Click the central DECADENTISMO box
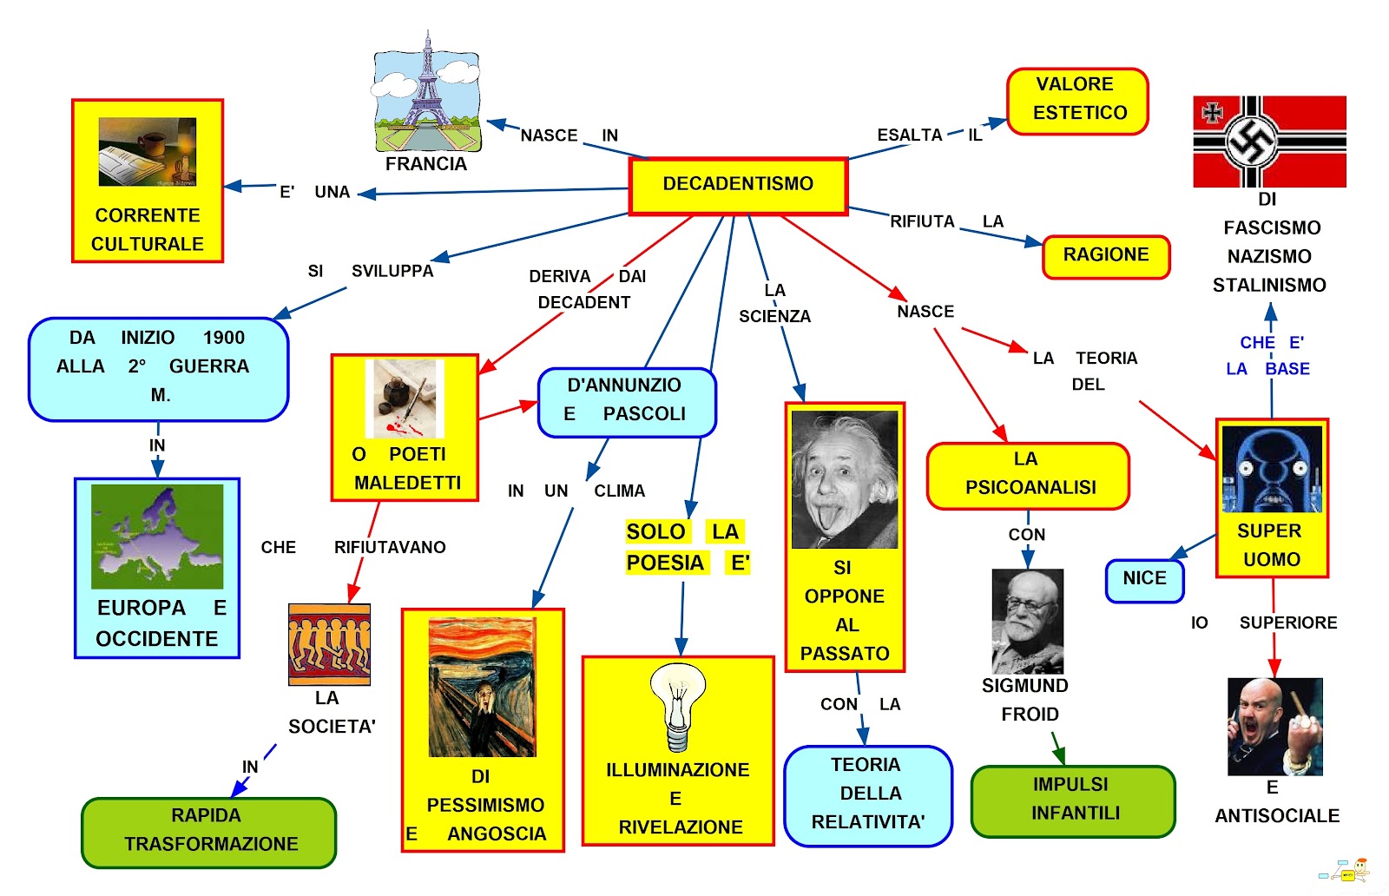tap(738, 185)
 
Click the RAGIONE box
tap(1106, 256)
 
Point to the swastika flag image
tap(1269, 142)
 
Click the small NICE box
tap(1144, 580)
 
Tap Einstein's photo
tap(845, 480)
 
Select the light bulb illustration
tap(678, 706)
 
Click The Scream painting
tap(483, 687)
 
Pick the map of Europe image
tap(157, 537)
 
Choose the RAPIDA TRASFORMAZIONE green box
tap(209, 832)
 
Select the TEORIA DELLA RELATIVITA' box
tap(868, 794)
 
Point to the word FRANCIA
tap(426, 164)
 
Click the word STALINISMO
tap(1269, 286)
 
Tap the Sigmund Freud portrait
tap(1028, 621)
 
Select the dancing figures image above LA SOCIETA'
tap(330, 644)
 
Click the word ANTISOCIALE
tap(1277, 816)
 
